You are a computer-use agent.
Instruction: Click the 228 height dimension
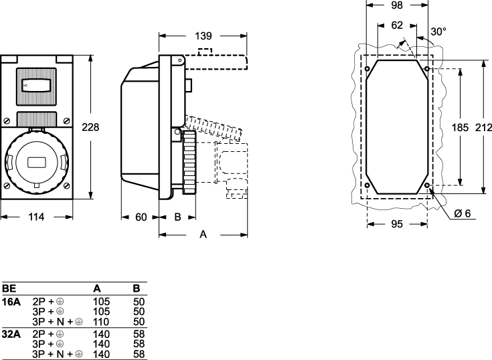(90, 127)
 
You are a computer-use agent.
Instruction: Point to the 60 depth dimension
(141, 217)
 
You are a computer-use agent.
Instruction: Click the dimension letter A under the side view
(203, 234)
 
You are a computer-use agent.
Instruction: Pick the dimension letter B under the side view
(177, 217)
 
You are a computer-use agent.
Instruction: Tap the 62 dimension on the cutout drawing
(398, 27)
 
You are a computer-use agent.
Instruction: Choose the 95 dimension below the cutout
(397, 224)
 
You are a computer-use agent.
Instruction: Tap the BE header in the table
(9, 288)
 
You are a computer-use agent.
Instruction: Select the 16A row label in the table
(11, 302)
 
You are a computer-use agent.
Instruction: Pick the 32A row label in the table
(11, 333)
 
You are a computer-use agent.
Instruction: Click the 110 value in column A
(100, 322)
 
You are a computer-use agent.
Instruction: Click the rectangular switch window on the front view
(37, 86)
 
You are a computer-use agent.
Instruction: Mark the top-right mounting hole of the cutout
(427, 69)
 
